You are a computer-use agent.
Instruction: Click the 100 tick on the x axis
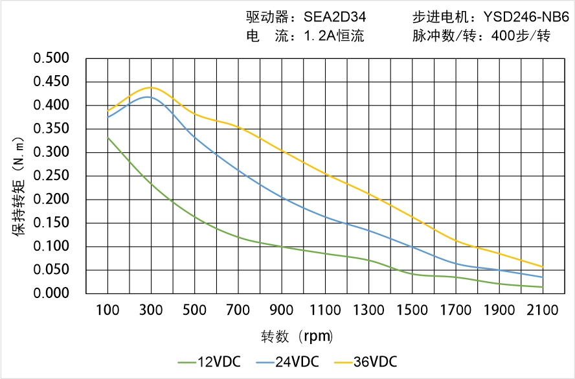pos(107,310)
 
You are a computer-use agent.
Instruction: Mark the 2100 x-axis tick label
pos(543,310)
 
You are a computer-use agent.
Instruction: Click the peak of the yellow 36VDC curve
pos(150,87)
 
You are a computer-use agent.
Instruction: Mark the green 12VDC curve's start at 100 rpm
pos(107,137)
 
